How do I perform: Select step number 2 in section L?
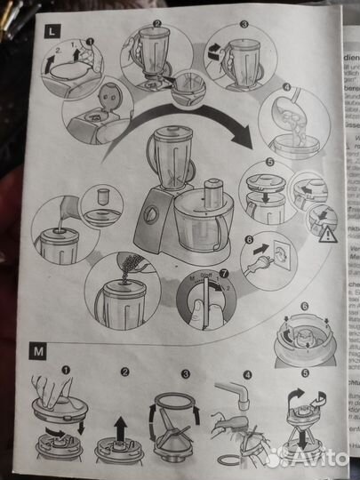tap(156, 25)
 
